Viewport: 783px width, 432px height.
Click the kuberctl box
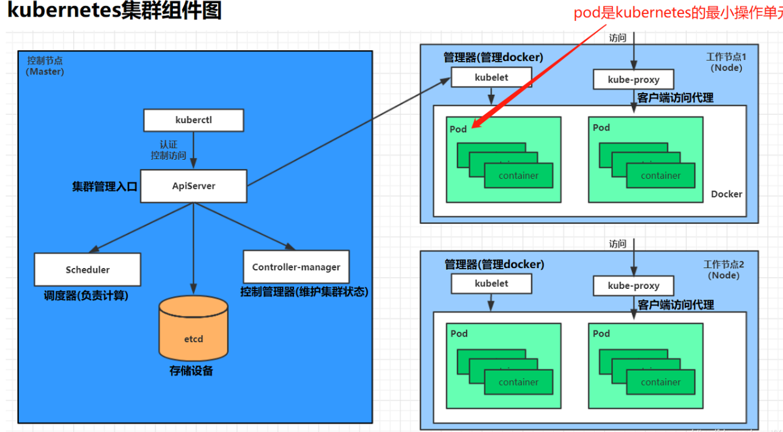pos(193,121)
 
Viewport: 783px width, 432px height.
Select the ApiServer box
pos(193,186)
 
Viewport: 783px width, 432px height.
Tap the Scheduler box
pos(87,269)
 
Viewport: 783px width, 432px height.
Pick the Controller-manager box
pos(296,267)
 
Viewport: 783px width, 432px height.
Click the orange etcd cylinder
pos(193,330)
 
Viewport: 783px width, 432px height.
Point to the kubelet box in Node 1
pos(491,78)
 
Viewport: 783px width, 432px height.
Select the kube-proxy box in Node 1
pos(633,80)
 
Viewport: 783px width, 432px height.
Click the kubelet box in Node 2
pos(491,284)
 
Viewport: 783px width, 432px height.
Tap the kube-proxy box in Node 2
pos(633,286)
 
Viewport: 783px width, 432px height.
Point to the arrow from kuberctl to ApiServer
pos(193,151)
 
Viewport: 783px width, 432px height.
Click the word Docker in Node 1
pos(726,194)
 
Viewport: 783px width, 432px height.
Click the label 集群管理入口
pos(105,186)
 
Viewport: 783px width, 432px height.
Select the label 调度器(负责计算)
pos(86,296)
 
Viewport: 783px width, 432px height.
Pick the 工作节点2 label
pos(724,264)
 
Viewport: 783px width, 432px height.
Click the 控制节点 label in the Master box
pos(45,61)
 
